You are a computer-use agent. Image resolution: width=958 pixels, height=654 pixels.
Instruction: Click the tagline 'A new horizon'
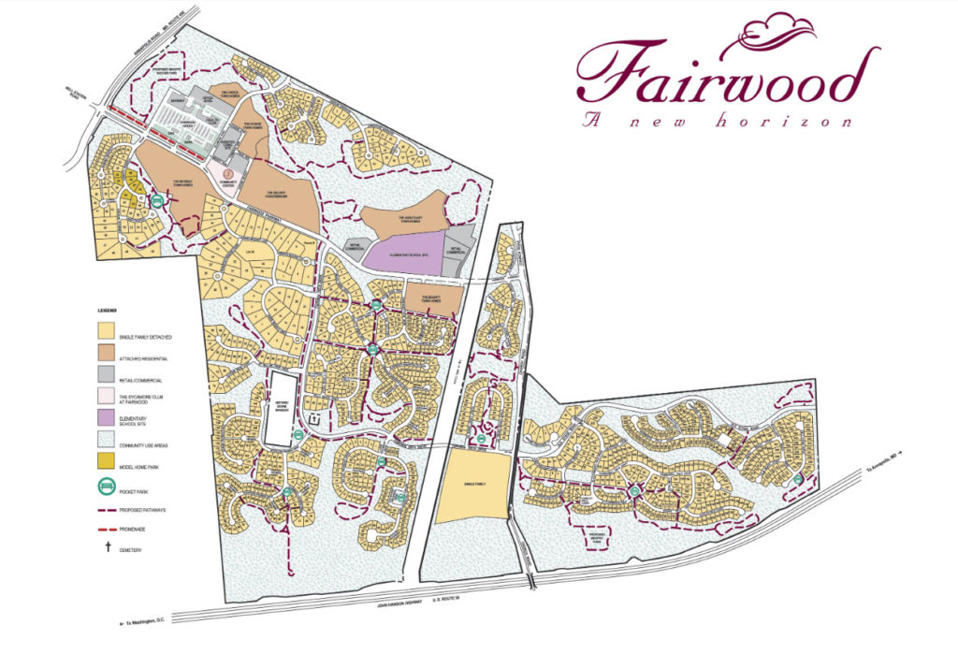[x=716, y=121]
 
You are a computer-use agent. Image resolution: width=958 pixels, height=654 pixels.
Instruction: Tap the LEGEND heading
[x=109, y=309]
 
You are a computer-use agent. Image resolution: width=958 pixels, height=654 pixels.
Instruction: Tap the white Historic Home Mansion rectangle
[x=280, y=409]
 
